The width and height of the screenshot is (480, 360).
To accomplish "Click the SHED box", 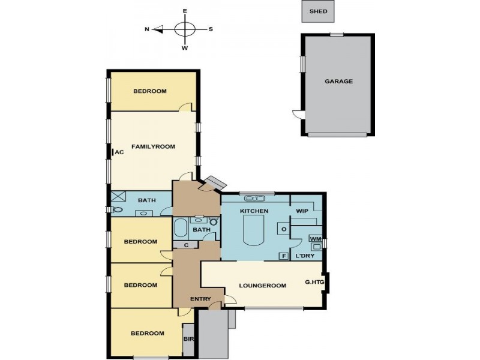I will coord(318,11).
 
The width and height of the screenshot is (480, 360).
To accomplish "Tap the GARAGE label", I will coord(338,81).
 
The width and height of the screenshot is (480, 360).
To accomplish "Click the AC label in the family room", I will coord(119,152).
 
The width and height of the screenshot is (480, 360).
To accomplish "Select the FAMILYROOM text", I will coord(153,146).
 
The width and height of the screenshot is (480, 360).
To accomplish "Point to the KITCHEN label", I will coord(254,212).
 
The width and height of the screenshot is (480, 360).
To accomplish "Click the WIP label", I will coord(302,212).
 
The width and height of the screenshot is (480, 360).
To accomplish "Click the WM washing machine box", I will coord(316,239).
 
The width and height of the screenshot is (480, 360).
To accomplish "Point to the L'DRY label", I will coord(305,256).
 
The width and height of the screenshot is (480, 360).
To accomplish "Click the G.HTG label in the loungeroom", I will coord(313,281).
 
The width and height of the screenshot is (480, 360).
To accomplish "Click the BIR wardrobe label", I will coord(188,339).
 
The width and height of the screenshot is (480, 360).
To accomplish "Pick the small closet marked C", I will coord(187,244).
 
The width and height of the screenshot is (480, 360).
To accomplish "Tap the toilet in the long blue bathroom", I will coord(116,210).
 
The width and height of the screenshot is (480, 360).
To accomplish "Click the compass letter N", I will coord(147,29).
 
